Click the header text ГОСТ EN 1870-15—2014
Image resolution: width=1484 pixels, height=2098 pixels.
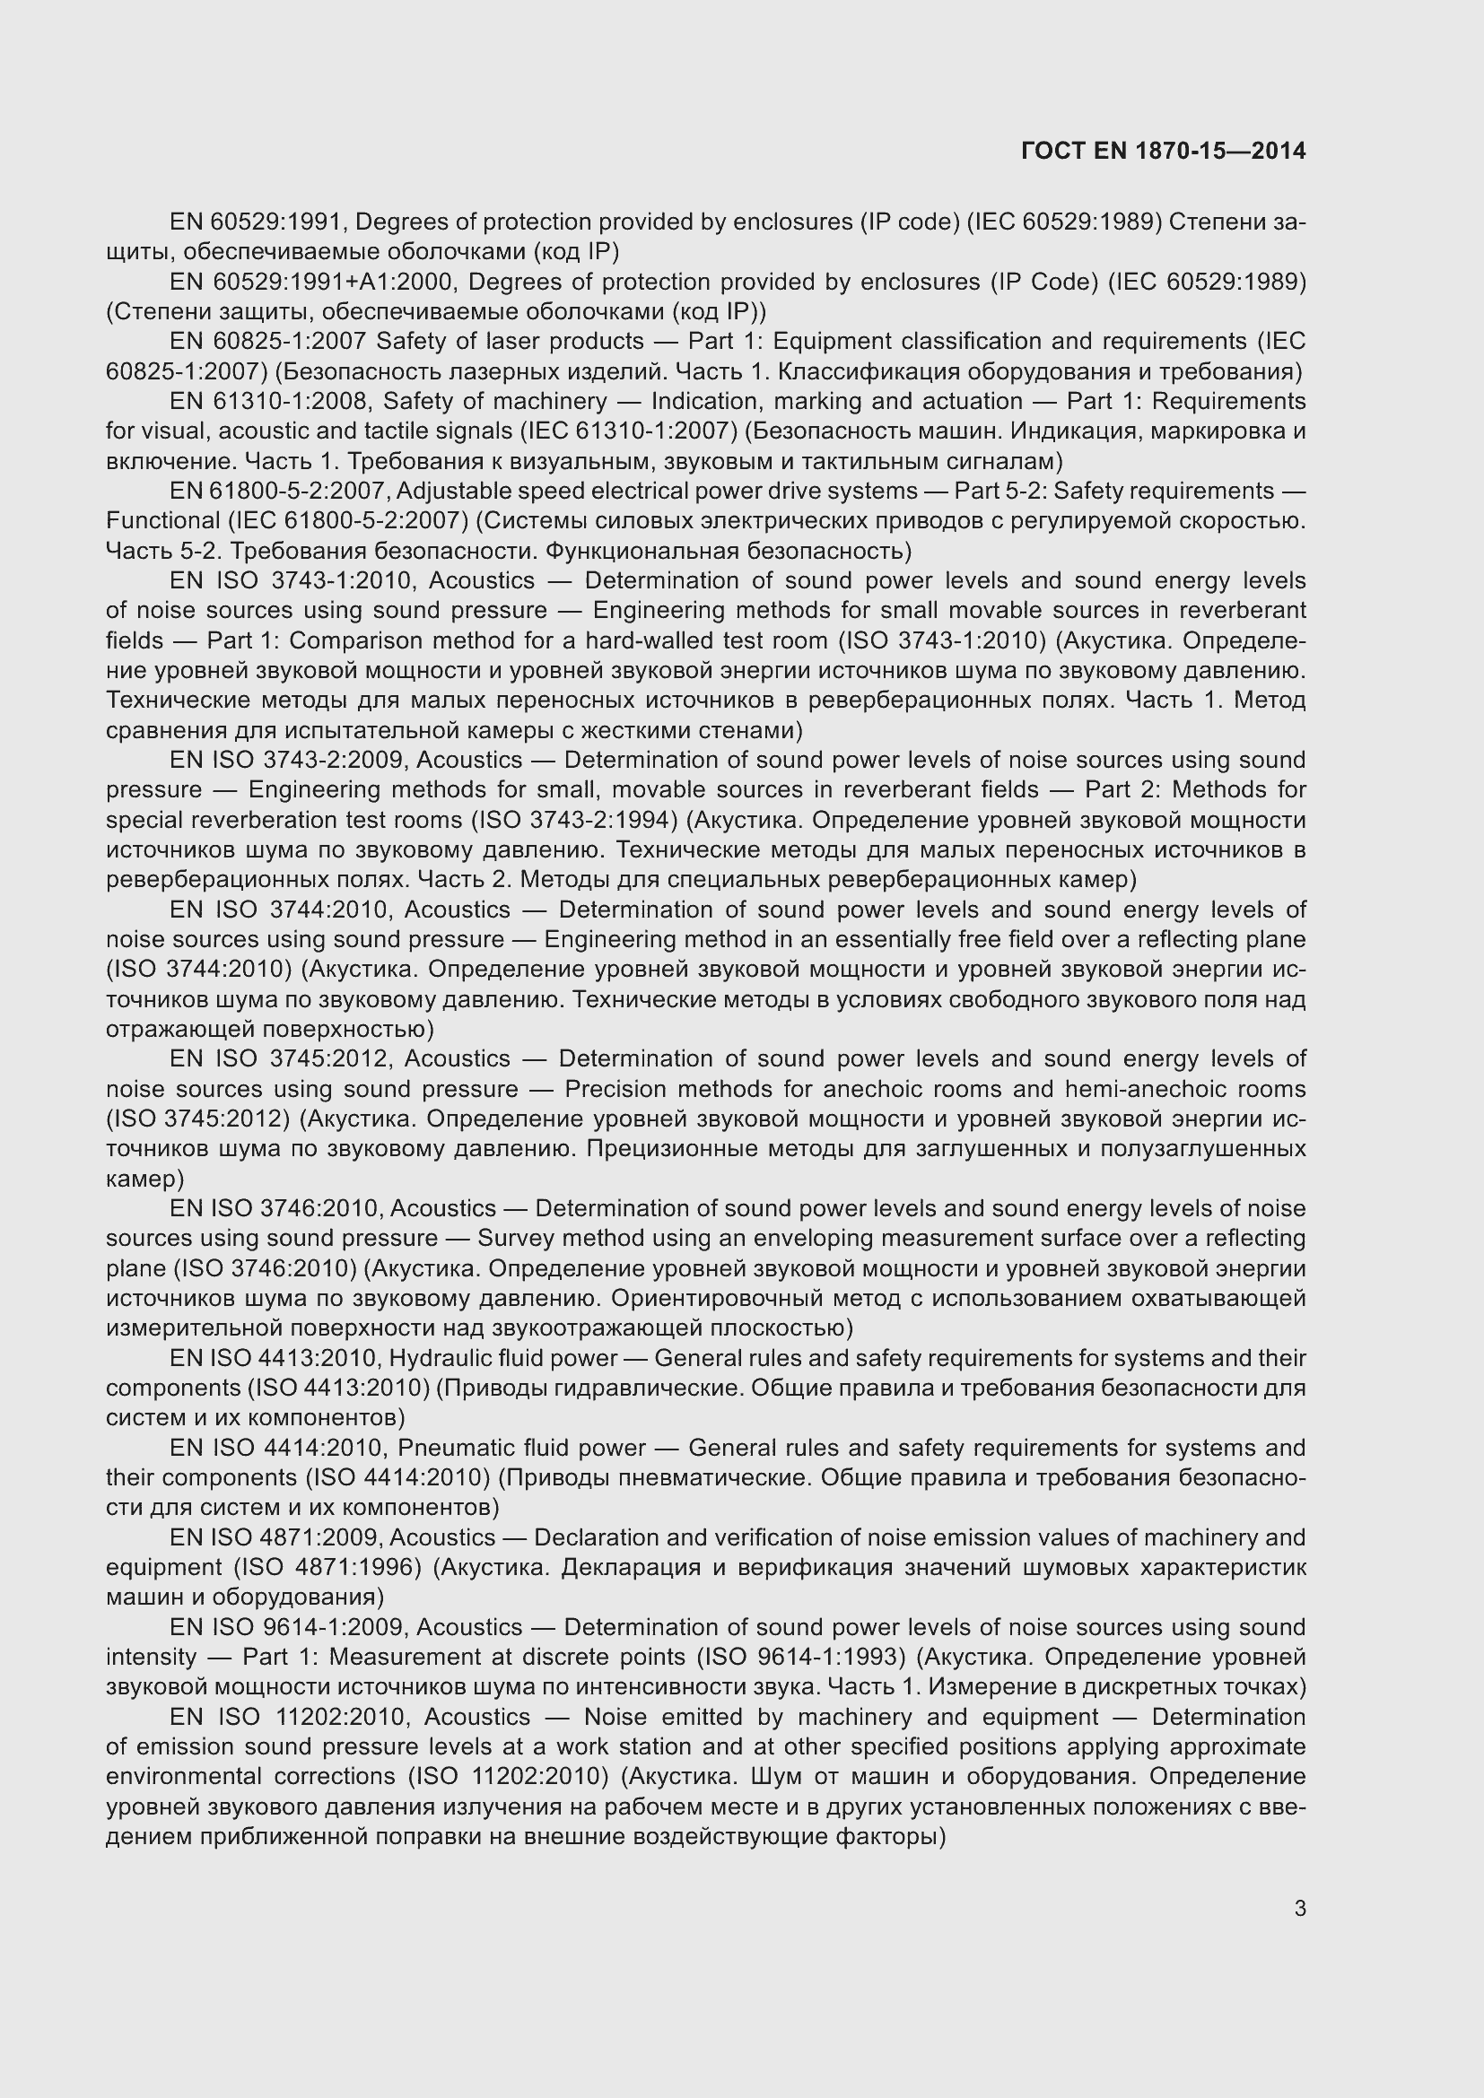1162,151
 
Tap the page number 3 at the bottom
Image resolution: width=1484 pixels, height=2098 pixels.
1299,1908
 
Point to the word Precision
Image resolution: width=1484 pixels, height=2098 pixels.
615,1088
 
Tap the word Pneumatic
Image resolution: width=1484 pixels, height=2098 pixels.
452,1448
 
